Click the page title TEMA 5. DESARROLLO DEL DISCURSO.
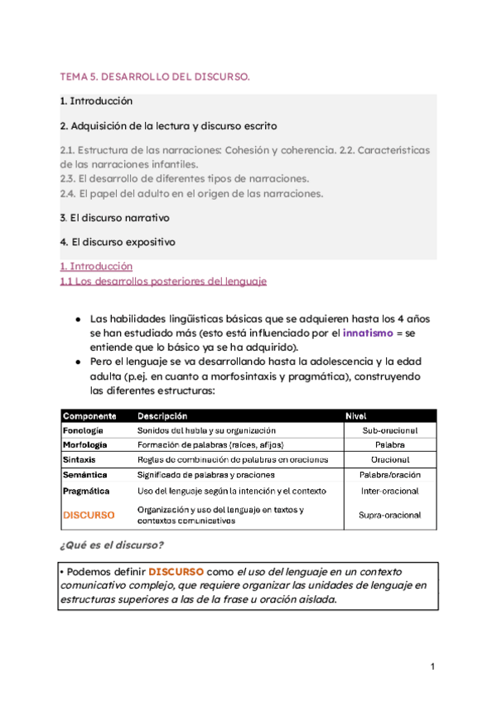[155, 77]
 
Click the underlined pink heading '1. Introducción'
[96, 267]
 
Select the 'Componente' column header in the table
[89, 416]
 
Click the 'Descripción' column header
[162, 416]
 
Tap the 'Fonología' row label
[83, 431]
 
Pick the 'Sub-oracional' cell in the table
[389, 431]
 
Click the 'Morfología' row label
[84, 445]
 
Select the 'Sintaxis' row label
[80, 460]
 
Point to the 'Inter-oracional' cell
[389, 491]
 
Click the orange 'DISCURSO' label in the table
[89, 515]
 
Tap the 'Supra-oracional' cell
[389, 515]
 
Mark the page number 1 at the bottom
[432, 667]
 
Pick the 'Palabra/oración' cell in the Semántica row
[389, 475]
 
